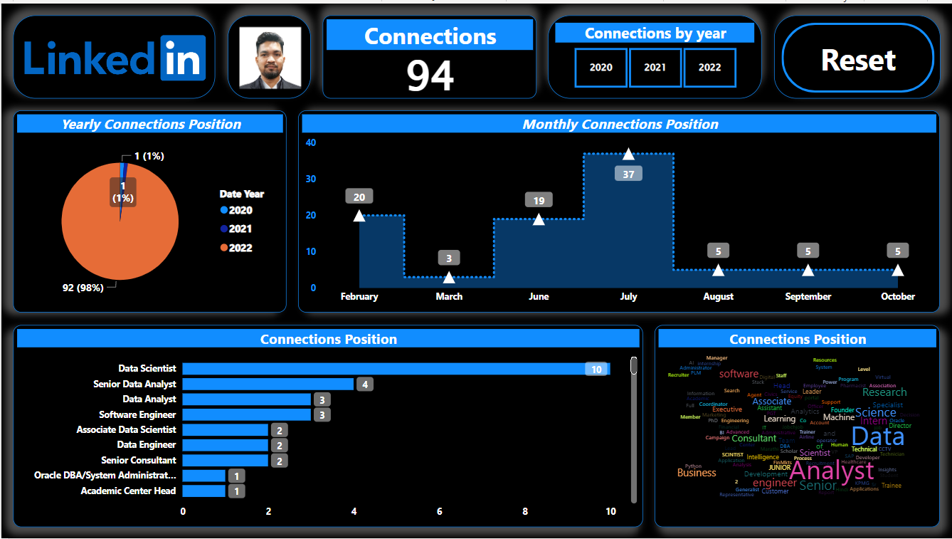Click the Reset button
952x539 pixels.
(x=857, y=60)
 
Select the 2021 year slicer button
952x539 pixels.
(x=655, y=68)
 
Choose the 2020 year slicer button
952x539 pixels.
(x=601, y=68)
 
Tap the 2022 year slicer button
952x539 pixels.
(x=709, y=68)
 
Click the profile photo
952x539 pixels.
(x=270, y=58)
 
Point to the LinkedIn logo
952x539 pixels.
(x=115, y=58)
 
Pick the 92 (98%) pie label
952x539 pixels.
(x=84, y=288)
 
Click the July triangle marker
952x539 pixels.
(x=628, y=154)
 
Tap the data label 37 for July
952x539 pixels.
(x=628, y=174)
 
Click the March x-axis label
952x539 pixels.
(x=449, y=296)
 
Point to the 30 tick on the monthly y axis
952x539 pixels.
(x=311, y=179)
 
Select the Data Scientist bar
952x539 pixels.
(x=396, y=369)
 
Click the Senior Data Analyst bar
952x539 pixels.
(x=268, y=384)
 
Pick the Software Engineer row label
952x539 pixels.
(x=137, y=414)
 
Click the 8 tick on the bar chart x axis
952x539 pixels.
(x=525, y=511)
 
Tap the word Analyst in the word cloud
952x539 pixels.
(x=831, y=471)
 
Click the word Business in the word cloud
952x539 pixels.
(x=697, y=473)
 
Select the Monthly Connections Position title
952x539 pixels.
(x=620, y=125)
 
